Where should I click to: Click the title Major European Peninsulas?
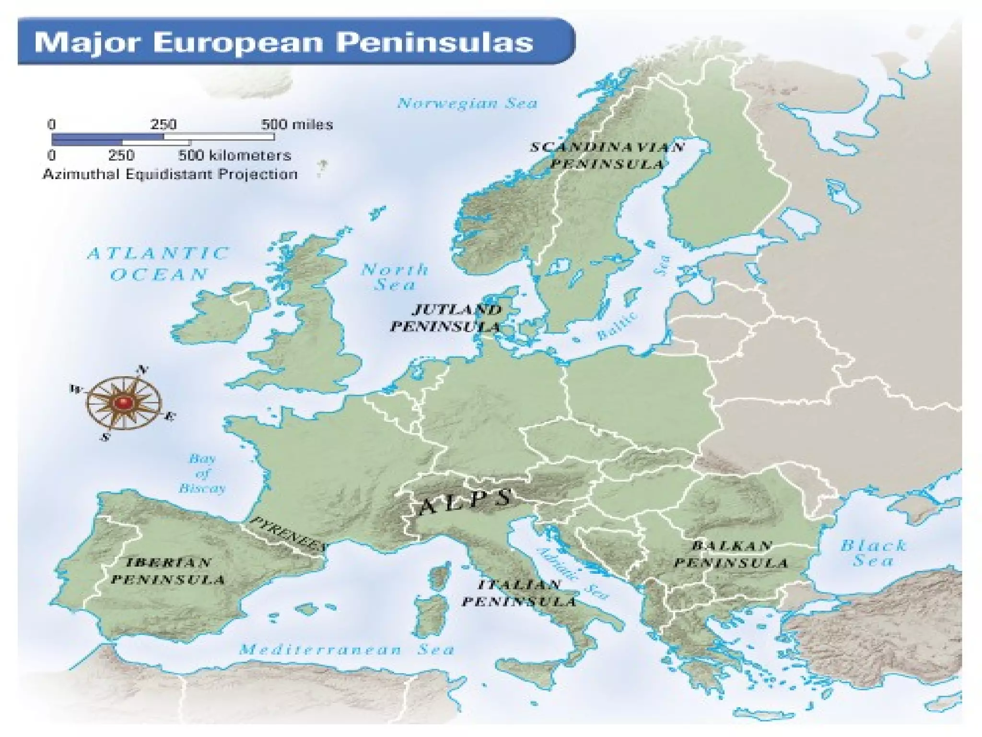point(283,42)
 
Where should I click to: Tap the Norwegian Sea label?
point(467,103)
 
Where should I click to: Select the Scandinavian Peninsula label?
point(607,155)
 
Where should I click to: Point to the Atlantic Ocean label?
point(159,264)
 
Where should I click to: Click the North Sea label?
point(395,277)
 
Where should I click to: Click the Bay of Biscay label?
point(202,474)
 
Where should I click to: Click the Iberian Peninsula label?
point(168,571)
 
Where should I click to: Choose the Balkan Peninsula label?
point(731,554)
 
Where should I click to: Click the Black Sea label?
point(873,553)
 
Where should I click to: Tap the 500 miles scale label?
point(297,125)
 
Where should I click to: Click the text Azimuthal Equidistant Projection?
point(170,174)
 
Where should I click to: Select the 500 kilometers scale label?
point(234,155)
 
